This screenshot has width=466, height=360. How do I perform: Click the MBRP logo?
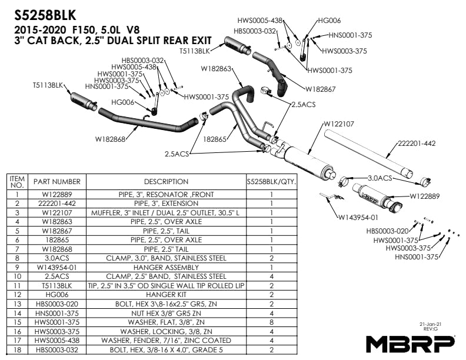click(x=411, y=343)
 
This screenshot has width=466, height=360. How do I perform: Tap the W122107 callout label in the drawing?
click(x=338, y=124)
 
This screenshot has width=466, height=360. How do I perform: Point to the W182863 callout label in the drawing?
click(x=216, y=69)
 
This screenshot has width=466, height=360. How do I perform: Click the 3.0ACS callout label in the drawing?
click(x=380, y=178)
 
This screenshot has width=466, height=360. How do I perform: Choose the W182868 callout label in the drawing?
click(x=110, y=140)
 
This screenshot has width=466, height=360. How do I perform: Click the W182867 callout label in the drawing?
click(x=321, y=89)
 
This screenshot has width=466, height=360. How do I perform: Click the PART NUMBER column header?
click(x=56, y=182)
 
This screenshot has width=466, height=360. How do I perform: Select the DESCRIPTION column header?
click(x=166, y=182)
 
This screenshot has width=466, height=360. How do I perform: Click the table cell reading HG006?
click(x=56, y=294)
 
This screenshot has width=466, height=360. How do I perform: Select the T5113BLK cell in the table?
click(x=56, y=285)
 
